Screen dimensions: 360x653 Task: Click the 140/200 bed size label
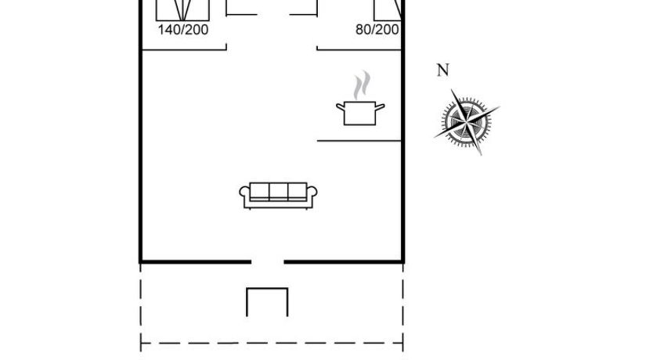tap(183, 30)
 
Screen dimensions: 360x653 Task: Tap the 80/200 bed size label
tap(377, 30)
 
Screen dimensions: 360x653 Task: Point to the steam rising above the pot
tap(361, 85)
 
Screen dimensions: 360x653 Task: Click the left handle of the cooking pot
tap(340, 106)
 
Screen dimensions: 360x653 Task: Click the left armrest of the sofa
tap(244, 193)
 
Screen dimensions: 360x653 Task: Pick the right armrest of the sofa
tap(312, 193)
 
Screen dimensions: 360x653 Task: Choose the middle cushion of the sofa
tap(278, 192)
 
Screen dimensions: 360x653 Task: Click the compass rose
tap(467, 122)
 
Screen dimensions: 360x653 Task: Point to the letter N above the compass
tap(443, 71)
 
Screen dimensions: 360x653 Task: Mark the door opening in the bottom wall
tap(267, 262)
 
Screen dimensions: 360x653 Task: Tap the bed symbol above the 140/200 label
tap(183, 9)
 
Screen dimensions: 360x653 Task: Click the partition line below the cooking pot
tap(359, 141)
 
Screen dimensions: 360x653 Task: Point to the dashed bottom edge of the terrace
tap(271, 343)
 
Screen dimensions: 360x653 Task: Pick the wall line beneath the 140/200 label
tap(183, 49)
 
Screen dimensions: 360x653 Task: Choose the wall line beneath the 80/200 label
tap(359, 49)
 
